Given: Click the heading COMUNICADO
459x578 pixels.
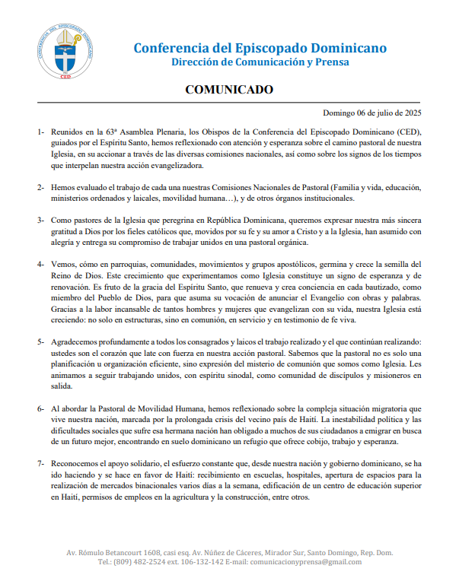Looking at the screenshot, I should (229, 90).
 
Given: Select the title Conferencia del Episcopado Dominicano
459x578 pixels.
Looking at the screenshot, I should (260, 48).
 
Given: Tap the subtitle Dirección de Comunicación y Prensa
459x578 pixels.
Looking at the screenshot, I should (260, 62).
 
